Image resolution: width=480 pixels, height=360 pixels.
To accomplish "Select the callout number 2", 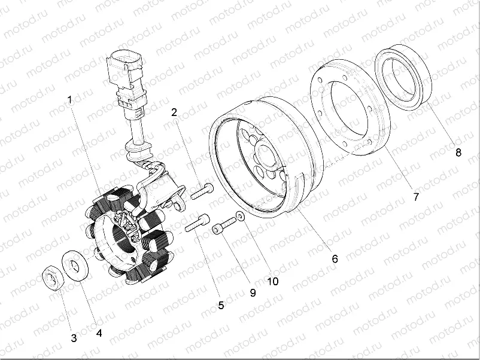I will tap(174, 112).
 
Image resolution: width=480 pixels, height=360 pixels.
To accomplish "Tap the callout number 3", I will tap(74, 338).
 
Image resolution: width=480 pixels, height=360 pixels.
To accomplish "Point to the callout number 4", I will tap(99, 331).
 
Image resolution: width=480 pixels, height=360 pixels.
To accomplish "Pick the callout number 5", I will tap(221, 305).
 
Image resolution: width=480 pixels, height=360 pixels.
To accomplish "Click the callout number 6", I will tap(335, 258).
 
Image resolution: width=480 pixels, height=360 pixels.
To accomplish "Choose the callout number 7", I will tap(416, 196).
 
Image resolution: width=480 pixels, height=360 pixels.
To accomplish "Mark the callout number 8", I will tap(458, 152).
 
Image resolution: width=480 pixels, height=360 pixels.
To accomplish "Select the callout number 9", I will tap(253, 293).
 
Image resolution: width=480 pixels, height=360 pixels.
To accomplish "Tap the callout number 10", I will tap(272, 280).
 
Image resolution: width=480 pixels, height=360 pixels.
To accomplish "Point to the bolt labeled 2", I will tap(202, 191).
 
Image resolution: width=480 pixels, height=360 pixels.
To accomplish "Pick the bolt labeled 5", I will tap(198, 224).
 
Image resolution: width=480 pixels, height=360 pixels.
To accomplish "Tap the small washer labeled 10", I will tap(239, 217).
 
